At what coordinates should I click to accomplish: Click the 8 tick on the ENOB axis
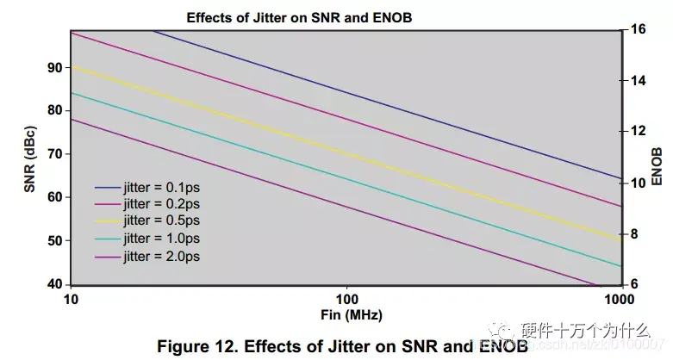[x=638, y=234]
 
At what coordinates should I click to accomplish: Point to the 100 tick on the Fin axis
[x=346, y=298]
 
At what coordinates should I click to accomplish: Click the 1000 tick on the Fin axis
[x=619, y=298]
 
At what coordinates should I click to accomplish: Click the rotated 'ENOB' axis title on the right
[x=657, y=168]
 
